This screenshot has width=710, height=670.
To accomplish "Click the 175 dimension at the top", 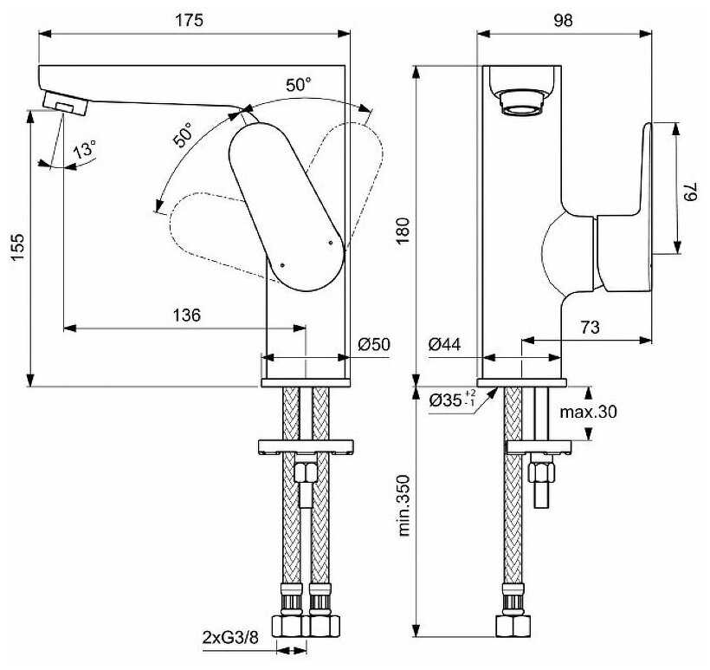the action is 190,20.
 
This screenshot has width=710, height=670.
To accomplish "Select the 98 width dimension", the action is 563,20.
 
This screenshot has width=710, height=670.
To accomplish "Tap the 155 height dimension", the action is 17,247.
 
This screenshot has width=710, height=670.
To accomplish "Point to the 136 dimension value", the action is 186,315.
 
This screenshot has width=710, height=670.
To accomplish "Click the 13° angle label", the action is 84,149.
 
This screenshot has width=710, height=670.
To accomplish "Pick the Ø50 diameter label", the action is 374,344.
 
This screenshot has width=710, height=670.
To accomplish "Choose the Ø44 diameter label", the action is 444,344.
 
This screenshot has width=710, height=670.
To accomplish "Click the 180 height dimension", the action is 403,231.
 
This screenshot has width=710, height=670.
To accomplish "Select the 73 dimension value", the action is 590,327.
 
